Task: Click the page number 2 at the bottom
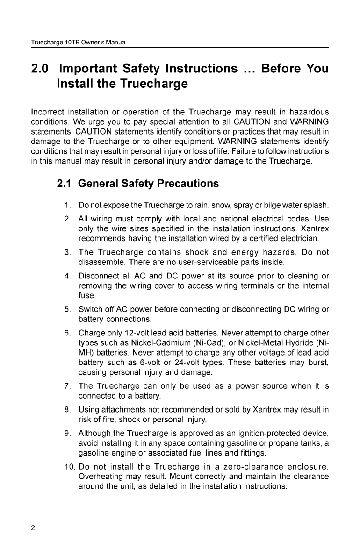click(33, 529)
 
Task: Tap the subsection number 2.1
click(64, 184)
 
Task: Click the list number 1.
click(68, 206)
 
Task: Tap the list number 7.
click(68, 386)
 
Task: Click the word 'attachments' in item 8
click(122, 410)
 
